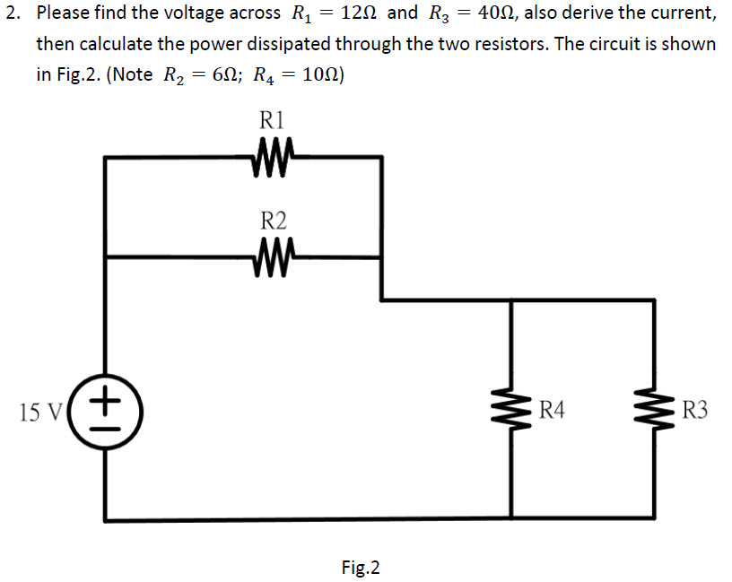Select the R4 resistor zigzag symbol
tap(511, 411)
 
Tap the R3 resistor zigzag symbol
tap(652, 411)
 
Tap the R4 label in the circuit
tap(553, 411)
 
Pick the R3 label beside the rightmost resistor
tap(694, 411)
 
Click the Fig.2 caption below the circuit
tap(361, 567)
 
